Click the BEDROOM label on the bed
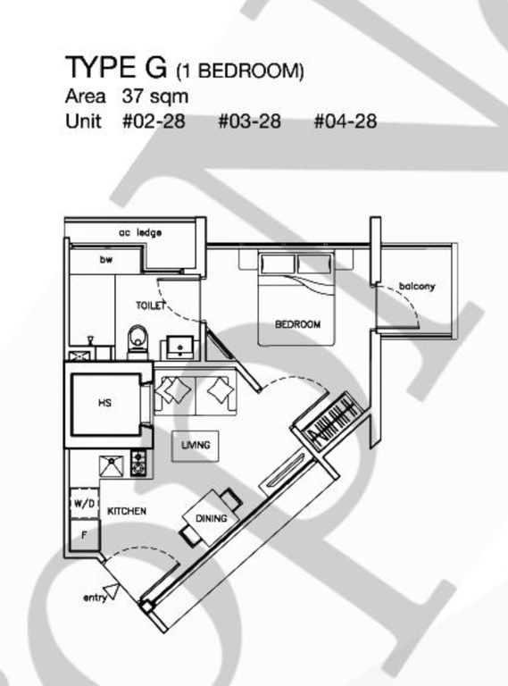tap(297, 324)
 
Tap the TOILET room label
tap(151, 305)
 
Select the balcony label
tap(417, 287)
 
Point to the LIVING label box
tap(196, 446)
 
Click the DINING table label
tap(212, 518)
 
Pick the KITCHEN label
tap(127, 511)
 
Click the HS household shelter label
tap(105, 403)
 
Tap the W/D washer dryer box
tap(85, 503)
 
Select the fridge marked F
tap(85, 535)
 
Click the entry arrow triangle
tap(111, 591)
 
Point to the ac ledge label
tap(140, 233)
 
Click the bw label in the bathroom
tap(106, 259)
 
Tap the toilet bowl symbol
tap(138, 339)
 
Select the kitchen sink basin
tap(112, 466)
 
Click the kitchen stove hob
tap(138, 463)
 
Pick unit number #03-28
tap(249, 121)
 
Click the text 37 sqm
tap(155, 96)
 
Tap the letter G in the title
tap(156, 67)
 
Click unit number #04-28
tap(346, 121)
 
